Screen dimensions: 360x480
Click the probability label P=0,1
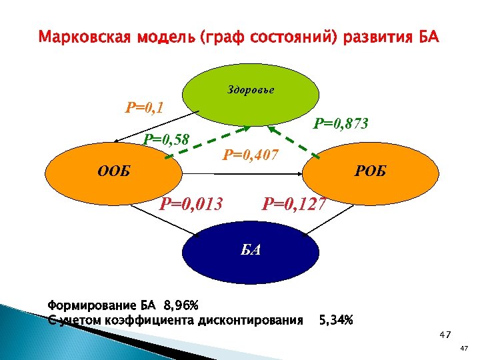[x=145, y=107]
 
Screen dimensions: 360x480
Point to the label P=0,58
[x=167, y=139]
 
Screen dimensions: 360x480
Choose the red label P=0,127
[x=295, y=202]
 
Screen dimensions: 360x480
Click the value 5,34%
[x=336, y=320]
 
